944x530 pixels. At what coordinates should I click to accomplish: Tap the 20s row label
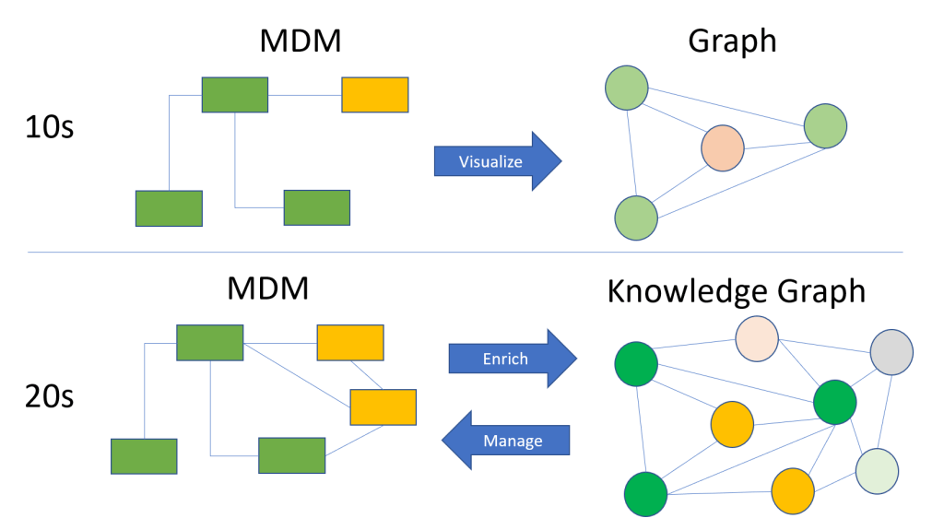pos(48,398)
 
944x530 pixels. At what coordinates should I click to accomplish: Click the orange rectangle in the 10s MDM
pos(375,94)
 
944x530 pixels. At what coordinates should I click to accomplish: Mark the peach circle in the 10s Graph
pos(722,148)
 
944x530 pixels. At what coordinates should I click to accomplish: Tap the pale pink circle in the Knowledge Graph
pos(757,340)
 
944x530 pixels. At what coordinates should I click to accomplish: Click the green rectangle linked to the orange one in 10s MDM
pos(235,94)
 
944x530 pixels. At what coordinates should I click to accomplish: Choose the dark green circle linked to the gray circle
pos(835,401)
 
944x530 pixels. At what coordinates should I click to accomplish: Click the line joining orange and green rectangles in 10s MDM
pos(304,94)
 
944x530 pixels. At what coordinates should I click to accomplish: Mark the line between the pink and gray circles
pos(824,346)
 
